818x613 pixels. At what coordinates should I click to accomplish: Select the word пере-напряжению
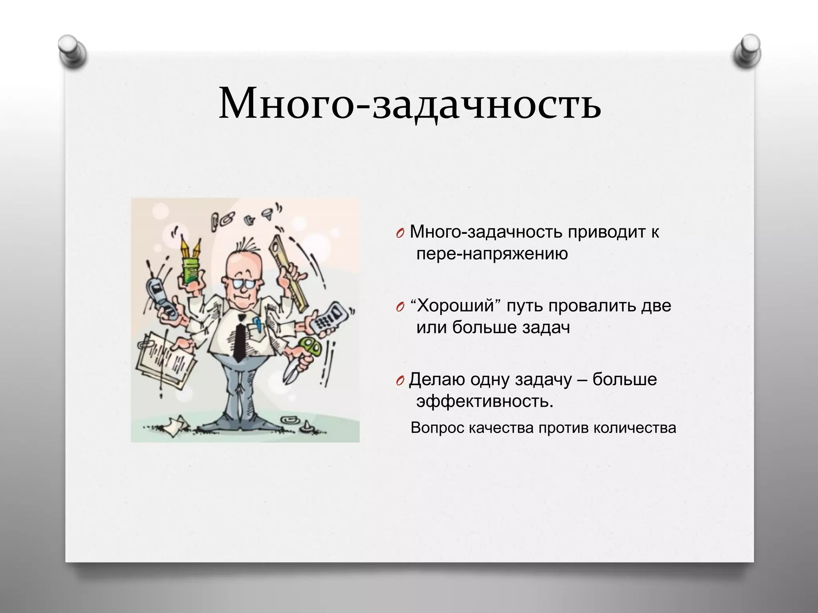(x=492, y=254)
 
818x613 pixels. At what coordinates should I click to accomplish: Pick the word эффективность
(x=484, y=401)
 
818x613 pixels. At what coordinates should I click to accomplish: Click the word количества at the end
(x=635, y=428)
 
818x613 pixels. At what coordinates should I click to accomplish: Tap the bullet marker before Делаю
(x=400, y=381)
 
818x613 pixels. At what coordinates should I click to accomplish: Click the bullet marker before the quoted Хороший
(x=400, y=307)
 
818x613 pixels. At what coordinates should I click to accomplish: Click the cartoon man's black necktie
(x=240, y=339)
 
